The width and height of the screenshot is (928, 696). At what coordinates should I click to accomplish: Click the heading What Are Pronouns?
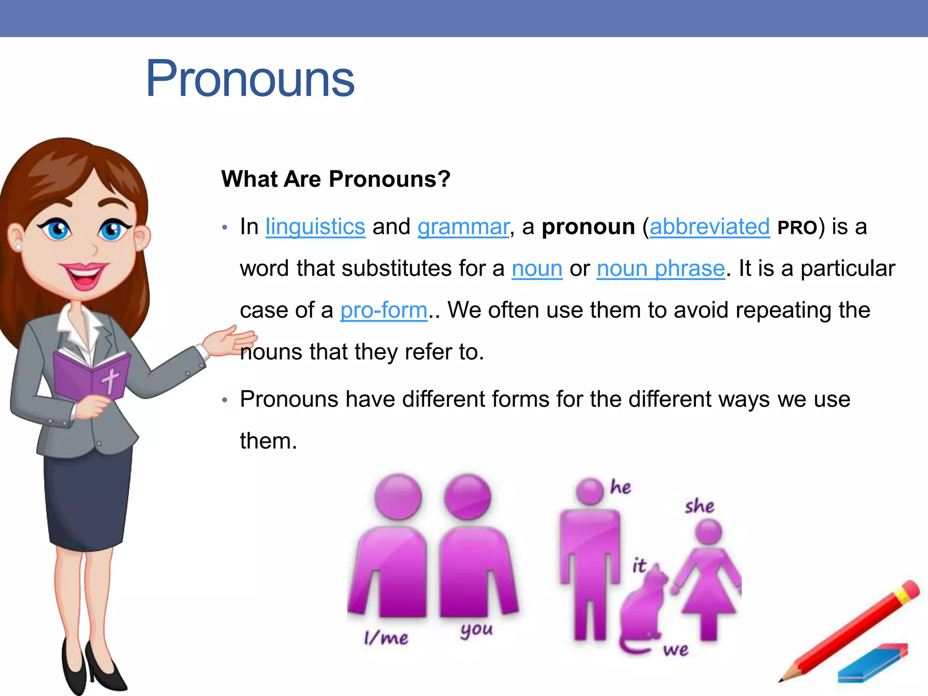(336, 179)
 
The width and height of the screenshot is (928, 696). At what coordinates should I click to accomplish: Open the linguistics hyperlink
(315, 227)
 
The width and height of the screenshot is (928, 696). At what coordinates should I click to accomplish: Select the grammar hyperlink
(463, 227)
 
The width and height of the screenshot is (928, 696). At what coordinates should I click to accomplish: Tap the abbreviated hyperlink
(710, 227)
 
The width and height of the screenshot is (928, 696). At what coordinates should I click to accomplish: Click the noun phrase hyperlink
(661, 269)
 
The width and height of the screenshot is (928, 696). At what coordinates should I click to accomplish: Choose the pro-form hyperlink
(384, 310)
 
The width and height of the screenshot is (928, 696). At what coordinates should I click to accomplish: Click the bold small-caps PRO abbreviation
(797, 228)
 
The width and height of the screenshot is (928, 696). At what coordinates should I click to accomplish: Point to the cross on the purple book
(110, 380)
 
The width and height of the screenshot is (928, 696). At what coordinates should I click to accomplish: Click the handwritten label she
(699, 506)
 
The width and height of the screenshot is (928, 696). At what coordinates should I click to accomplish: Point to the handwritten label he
(620, 487)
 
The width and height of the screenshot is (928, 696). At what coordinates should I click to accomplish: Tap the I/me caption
(386, 638)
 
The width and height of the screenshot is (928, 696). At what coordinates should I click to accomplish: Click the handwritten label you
(476, 630)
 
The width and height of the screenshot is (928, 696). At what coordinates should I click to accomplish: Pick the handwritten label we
(676, 650)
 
